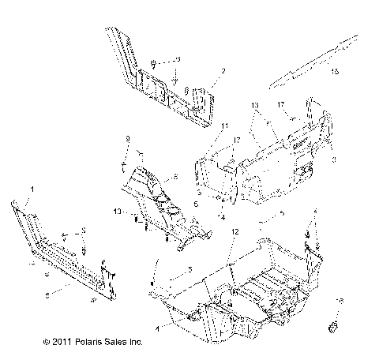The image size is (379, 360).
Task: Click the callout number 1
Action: pyautogui.click(x=32, y=189)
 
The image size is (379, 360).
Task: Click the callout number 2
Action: pyautogui.click(x=223, y=71)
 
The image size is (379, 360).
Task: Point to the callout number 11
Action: pyautogui.click(x=224, y=126)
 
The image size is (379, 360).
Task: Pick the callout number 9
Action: pyautogui.click(x=127, y=139)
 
